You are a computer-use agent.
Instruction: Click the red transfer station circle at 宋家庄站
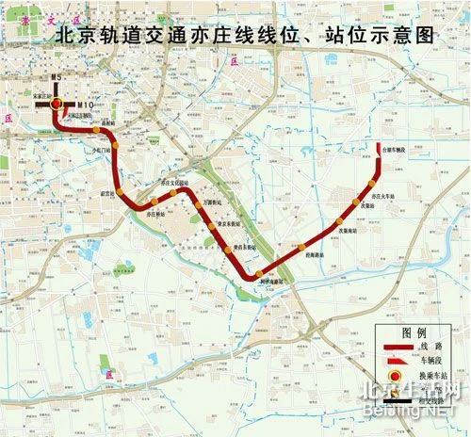[x=58, y=104]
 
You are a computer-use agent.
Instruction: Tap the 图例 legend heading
[x=414, y=334]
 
